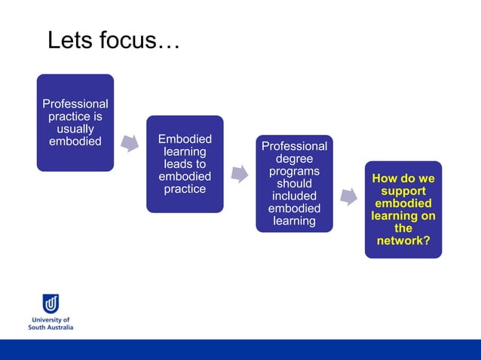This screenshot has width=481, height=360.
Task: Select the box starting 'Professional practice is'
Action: tap(75, 123)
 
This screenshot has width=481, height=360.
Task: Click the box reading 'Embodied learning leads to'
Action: tap(185, 164)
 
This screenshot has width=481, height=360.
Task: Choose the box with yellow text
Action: tap(403, 209)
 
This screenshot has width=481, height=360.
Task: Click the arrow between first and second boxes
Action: tap(130, 143)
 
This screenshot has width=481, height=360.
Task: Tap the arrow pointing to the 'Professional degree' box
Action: tap(239, 174)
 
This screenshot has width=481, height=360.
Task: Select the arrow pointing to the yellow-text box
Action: tap(348, 197)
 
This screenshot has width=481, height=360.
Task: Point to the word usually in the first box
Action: tap(75, 130)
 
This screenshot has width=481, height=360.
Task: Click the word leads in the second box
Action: tap(185, 164)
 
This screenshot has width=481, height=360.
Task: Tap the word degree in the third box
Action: tap(294, 159)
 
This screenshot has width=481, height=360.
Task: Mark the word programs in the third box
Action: tap(294, 172)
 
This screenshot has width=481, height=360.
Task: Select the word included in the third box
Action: tap(294, 196)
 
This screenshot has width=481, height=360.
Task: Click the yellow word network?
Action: tap(403, 240)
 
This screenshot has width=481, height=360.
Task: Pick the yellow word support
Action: tap(403, 191)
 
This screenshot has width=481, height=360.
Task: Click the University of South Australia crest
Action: tap(51, 303)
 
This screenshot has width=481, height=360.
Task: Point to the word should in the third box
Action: tap(294, 184)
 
